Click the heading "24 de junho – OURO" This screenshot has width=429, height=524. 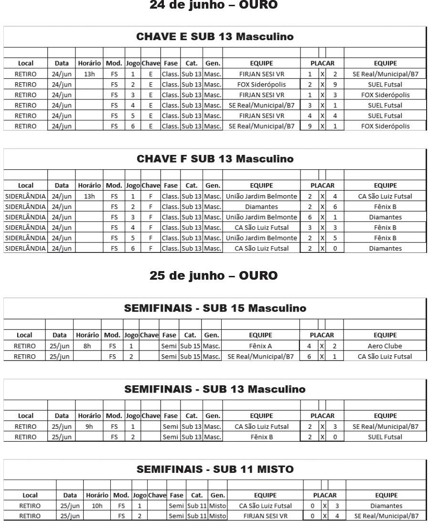click(214, 5)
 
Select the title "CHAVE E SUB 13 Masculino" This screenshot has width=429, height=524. click(214, 37)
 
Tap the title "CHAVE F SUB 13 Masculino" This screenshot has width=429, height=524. click(214, 159)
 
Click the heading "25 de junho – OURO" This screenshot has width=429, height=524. click(214, 276)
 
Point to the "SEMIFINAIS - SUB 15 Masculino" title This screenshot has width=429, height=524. click(214, 308)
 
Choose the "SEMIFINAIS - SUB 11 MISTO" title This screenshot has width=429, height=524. click(214, 469)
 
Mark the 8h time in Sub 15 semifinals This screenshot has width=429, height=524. click(87, 346)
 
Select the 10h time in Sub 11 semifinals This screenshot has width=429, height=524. click(97, 505)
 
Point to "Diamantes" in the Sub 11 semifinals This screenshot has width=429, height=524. click(386, 505)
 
